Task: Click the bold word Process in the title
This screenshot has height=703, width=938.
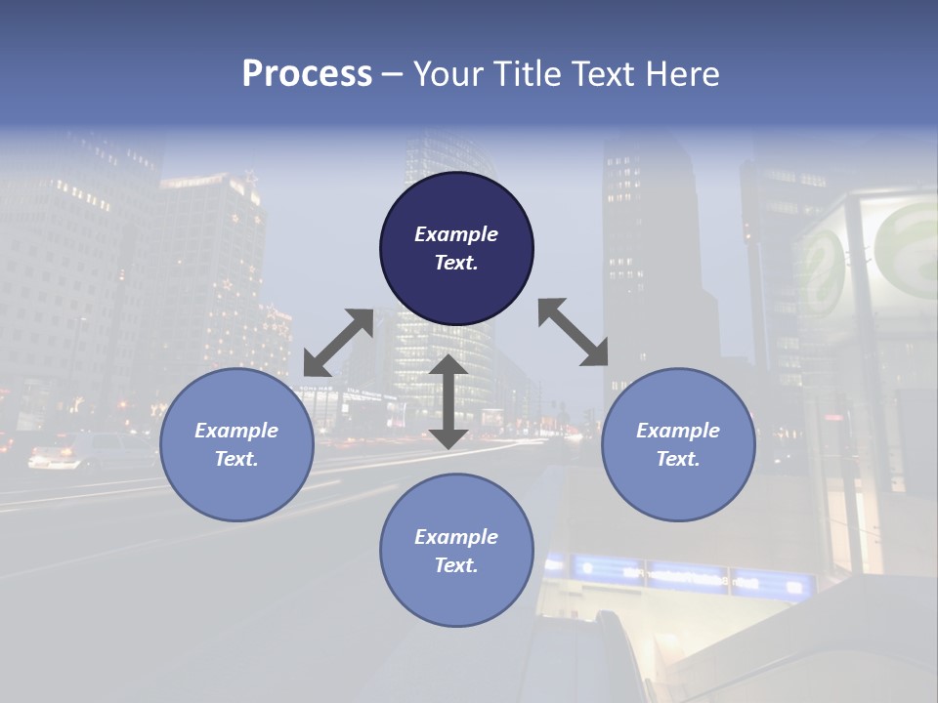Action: [x=307, y=74]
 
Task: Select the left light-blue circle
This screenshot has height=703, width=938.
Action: [x=236, y=488]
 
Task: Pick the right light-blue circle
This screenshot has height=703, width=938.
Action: [x=678, y=488]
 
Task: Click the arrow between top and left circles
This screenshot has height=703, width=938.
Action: [x=338, y=343]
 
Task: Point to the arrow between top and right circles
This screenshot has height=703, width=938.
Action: [x=574, y=332]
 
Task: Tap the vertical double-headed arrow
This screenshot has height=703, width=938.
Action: [x=448, y=401]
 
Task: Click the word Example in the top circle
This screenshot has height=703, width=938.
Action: [x=456, y=234]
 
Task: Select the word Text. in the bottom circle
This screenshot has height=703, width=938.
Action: [x=456, y=565]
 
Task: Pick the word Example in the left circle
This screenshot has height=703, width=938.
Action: [x=236, y=431]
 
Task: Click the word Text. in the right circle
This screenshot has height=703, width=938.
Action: [x=678, y=459]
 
